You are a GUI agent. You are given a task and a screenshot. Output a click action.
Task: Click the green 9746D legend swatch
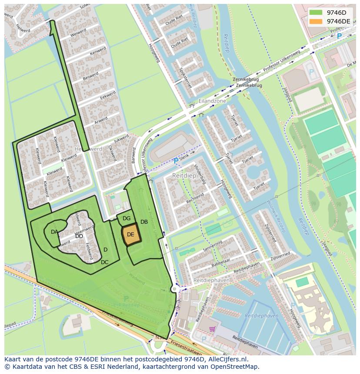coord(316,13)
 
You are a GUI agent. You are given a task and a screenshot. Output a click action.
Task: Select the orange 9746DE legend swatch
coord(316,21)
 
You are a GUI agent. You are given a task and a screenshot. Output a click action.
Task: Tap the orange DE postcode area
coord(130,235)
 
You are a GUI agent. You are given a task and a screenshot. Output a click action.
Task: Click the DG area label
coord(127,218)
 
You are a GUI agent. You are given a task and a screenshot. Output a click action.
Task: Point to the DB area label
coord(144,222)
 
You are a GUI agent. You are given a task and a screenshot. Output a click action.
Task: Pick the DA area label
coord(54,232)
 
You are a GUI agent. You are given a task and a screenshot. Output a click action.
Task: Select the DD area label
coord(79,236)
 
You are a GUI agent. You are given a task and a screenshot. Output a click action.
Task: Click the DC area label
coord(104,262)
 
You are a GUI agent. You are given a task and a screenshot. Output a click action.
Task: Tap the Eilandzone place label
coord(212,101)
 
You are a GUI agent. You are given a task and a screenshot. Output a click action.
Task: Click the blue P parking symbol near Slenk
coord(176,161)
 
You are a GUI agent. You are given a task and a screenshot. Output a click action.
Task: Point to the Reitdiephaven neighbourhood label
coord(211,281)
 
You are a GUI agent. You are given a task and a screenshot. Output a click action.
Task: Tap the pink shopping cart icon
coord(212,329)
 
